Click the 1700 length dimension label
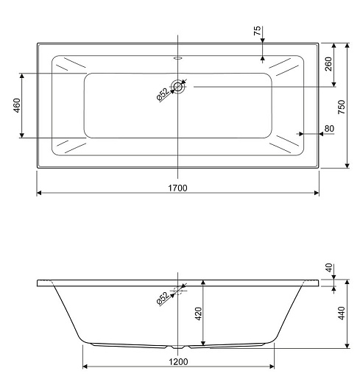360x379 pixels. coord(177,188)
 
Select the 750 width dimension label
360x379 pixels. coord(342,107)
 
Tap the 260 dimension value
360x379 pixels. coord(328,64)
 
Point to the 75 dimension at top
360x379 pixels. coord(257,31)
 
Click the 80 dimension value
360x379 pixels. coord(329,128)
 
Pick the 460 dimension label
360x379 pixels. coord(17,105)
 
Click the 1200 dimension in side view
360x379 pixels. coord(178,361)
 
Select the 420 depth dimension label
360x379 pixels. coord(198,314)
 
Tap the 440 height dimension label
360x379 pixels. coord(342,314)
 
